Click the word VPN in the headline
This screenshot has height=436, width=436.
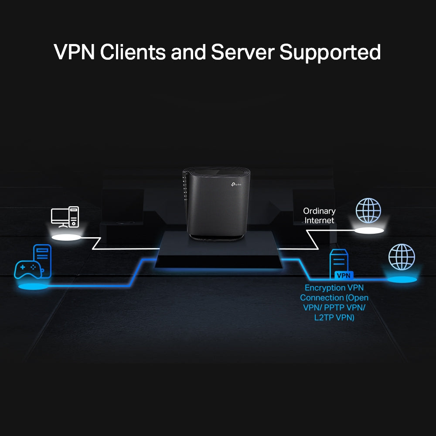pos(74,52)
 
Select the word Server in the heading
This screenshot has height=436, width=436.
pos(242,52)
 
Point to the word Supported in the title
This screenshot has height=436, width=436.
pos(330,52)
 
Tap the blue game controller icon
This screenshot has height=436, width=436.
pos(27,269)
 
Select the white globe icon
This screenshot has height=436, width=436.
pos(368,211)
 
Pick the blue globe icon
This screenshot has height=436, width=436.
pos(401,257)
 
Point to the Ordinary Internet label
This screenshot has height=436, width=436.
pos(320,216)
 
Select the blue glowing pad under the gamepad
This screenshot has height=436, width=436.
pos(33,287)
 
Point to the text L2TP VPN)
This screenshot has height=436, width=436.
pos(334,317)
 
